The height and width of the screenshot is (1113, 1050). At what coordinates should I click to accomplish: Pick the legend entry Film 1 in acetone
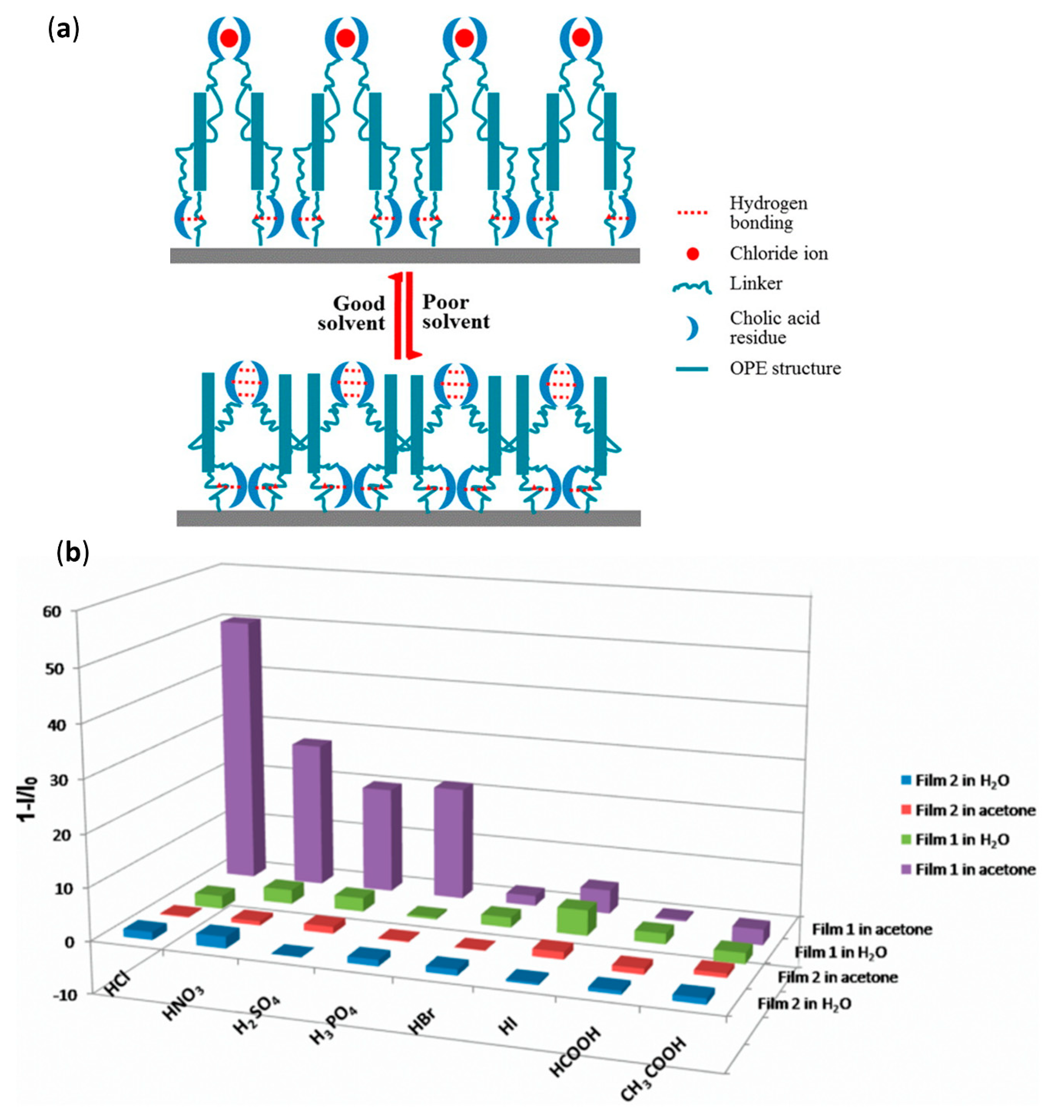pyautogui.click(x=975, y=869)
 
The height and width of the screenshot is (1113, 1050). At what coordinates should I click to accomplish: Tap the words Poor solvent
pyautogui.click(x=456, y=312)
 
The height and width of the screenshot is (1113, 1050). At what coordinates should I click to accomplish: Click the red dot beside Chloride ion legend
pyautogui.click(x=693, y=254)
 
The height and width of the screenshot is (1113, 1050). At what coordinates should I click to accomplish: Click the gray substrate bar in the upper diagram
pyautogui.click(x=404, y=255)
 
